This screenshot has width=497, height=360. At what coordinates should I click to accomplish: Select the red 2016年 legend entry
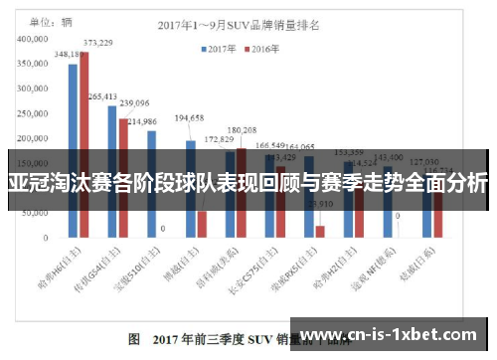coord(260,47)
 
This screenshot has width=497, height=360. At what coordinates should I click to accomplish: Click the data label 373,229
coord(97,43)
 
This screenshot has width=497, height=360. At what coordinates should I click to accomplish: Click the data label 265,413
coord(103,96)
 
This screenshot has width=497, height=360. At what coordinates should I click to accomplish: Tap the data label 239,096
coord(134,102)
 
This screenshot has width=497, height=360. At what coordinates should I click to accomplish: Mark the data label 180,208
coord(242,130)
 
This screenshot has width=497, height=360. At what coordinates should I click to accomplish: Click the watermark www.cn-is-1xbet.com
coord(395,336)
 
